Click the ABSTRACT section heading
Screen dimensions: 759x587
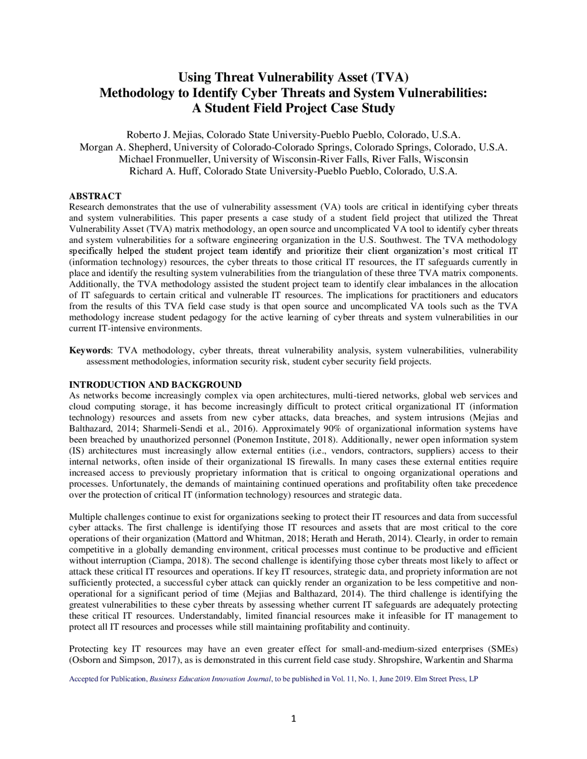pyautogui.click(x=95, y=196)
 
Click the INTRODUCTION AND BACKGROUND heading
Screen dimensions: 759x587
pyautogui.click(x=155, y=384)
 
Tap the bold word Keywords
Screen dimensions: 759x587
pyautogui.click(x=89, y=351)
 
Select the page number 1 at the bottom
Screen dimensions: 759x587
pyautogui.click(x=293, y=719)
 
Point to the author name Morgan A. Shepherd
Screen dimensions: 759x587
pyautogui.click(x=125, y=147)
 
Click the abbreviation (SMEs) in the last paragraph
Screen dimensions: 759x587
pyautogui.click(x=503, y=649)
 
